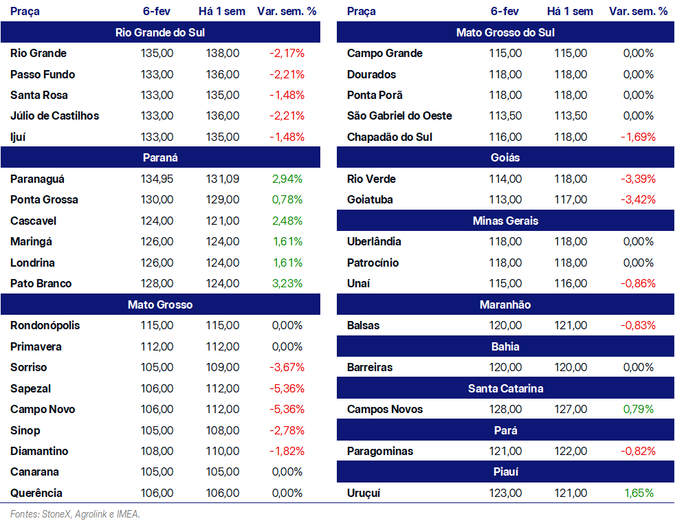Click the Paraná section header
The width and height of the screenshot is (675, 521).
[160, 157]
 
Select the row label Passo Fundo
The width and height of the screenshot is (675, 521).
[43, 74]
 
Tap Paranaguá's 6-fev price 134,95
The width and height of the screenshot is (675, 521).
[157, 179]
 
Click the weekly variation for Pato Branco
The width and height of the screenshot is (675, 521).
[287, 283]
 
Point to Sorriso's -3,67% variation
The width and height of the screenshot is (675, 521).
[287, 367]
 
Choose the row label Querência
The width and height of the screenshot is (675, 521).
[36, 493]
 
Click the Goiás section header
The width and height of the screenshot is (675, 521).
[505, 157]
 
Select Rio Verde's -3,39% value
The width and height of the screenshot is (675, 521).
[638, 179]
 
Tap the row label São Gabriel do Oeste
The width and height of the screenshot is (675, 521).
[399, 116]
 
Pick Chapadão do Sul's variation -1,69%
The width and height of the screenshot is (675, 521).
[638, 137]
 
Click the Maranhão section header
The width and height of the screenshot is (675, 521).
[505, 304]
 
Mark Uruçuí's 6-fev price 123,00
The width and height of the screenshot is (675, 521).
[505, 493]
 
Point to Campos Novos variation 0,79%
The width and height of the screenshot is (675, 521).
[639, 409]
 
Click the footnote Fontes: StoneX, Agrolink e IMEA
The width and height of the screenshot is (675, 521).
[76, 514]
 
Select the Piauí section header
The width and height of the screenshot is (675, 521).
[505, 472]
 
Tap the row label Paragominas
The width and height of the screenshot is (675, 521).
[380, 452]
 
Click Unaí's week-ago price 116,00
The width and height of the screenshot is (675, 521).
[571, 283]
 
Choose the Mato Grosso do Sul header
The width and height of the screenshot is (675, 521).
[505, 32]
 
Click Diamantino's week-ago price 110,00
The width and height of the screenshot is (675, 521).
[222, 451]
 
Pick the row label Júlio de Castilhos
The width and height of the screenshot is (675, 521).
[55, 116]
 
